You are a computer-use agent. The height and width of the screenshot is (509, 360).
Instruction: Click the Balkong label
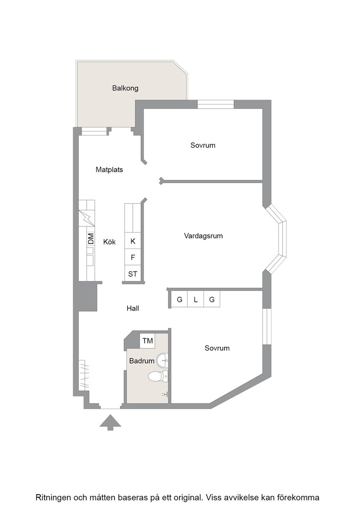[x=125, y=88]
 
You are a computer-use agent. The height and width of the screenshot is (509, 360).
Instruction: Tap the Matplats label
[x=110, y=170]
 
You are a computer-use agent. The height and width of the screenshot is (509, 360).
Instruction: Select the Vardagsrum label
[x=204, y=236]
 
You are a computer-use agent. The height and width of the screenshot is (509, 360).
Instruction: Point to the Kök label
[x=110, y=242]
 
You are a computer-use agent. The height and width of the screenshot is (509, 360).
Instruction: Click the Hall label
[x=133, y=309]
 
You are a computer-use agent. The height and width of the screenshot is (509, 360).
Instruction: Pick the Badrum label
[x=141, y=361]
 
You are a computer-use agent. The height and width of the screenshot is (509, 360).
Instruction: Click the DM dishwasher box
[x=90, y=239]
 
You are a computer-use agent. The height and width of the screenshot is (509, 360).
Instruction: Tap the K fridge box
[x=133, y=241]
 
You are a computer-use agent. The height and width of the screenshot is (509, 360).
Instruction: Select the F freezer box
[x=133, y=257]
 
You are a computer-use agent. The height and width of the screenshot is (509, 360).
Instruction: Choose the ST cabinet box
[x=133, y=274]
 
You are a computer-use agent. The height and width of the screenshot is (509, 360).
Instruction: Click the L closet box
[x=196, y=299]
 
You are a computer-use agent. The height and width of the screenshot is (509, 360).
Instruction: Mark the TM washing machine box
[x=147, y=340]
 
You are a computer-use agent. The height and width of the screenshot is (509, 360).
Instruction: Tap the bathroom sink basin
[x=162, y=359]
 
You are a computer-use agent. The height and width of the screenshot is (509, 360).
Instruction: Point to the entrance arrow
[x=110, y=422]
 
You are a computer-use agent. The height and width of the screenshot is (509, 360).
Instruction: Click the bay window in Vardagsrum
[x=277, y=239]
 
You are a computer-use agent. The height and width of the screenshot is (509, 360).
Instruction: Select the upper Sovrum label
[x=203, y=145]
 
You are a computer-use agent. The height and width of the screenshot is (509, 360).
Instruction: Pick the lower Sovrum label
[x=217, y=348]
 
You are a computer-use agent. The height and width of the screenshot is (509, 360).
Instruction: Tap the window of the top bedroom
[x=216, y=104]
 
